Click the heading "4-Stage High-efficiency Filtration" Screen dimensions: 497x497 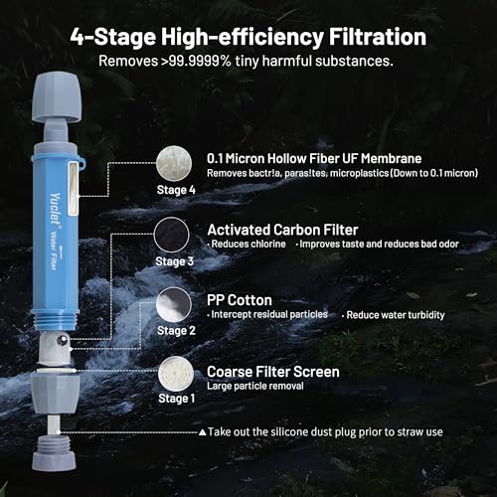(248, 38)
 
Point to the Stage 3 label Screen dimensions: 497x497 (175, 260)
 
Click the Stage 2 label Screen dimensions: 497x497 (175, 329)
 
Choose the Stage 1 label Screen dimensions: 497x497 (175, 398)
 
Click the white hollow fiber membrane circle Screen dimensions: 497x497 (174, 160)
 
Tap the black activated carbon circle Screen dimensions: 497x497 (174, 236)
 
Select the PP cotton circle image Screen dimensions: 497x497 (174, 304)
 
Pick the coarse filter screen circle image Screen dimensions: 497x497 (174, 373)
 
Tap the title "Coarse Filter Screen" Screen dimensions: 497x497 (272, 371)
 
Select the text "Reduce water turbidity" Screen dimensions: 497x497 (391, 314)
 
